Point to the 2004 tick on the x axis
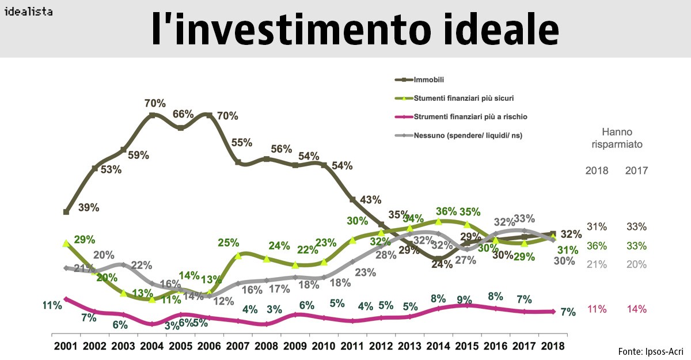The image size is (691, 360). pyautogui.click(x=151, y=346)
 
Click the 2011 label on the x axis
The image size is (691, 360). pyautogui.click(x=352, y=346)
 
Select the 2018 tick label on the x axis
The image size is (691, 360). pyautogui.click(x=553, y=346)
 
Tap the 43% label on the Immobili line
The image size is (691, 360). pyautogui.click(x=371, y=200)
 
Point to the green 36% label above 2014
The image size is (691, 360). pyautogui.click(x=446, y=211)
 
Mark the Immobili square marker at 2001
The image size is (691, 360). pyautogui.click(x=66, y=212)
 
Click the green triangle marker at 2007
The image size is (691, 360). pyautogui.click(x=238, y=255)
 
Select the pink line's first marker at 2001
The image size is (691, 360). pyautogui.click(x=66, y=299)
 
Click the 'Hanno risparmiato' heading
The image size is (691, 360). pyautogui.click(x=617, y=138)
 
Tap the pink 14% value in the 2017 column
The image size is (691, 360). pyautogui.click(x=637, y=309)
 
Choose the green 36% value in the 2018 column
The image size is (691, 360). pyautogui.click(x=596, y=246)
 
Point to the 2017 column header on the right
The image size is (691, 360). pyautogui.click(x=637, y=170)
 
